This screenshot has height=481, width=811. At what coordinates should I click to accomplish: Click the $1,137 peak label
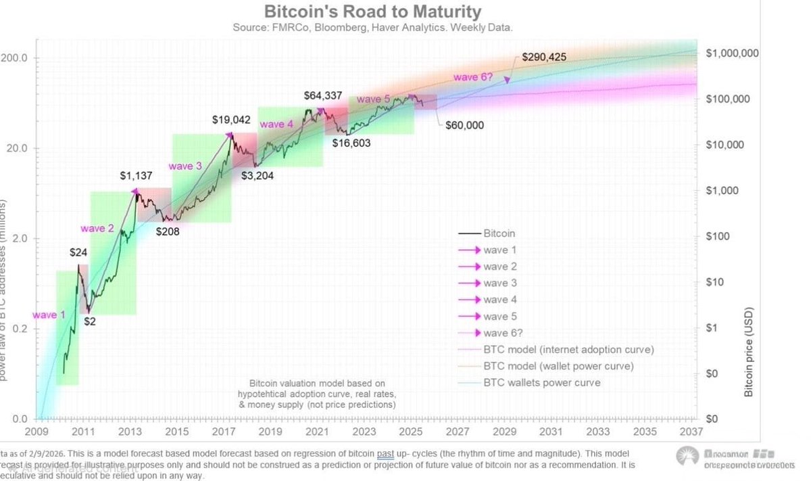[x=137, y=177]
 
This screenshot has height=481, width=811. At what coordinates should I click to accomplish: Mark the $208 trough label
[x=170, y=231]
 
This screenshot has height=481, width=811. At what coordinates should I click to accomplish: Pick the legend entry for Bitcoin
[x=499, y=233]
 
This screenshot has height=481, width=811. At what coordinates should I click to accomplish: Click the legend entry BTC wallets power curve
[x=541, y=383]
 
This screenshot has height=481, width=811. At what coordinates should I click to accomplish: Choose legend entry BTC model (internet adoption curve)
[x=568, y=350]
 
